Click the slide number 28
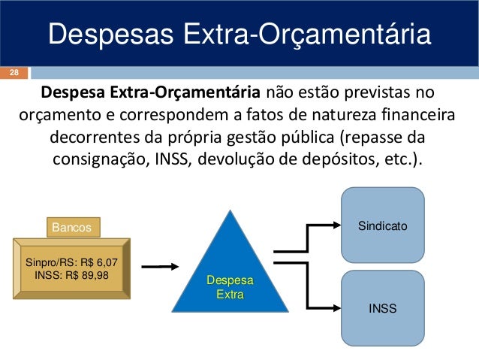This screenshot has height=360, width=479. (14, 73)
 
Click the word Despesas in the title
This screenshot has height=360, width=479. (100, 35)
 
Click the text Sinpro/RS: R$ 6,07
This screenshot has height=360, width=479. (71, 264)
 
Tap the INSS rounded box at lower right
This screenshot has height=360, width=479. (383, 308)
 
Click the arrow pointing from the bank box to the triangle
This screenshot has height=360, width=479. (160, 266)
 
